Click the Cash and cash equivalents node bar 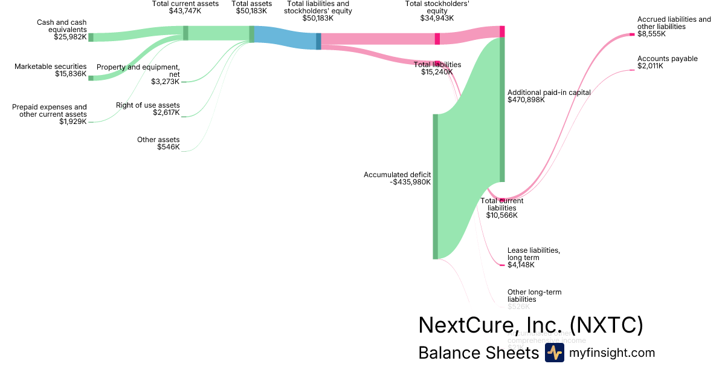click(91, 37)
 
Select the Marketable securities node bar click(91, 78)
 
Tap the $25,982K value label click(70, 37)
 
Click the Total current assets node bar click(185, 33)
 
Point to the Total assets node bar click(252, 34)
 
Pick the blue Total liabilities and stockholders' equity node click(318, 41)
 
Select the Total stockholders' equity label click(438, 7)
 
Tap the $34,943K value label click(438, 18)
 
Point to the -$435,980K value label click(410, 182)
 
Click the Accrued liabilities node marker click(632, 34)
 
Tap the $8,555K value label click(651, 34)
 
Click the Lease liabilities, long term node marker click(502, 265)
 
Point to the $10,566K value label click(501, 215)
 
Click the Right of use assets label click(148, 105)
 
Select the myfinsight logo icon click(554, 353)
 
